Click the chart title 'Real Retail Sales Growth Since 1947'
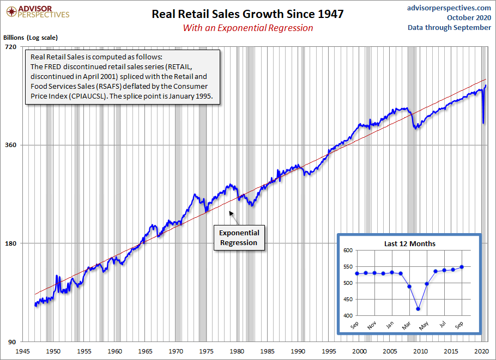tap(247, 14)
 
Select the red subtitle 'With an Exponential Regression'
tap(247, 28)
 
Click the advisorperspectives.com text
tap(449, 8)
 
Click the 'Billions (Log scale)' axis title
tap(31, 38)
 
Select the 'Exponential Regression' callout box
tap(238, 237)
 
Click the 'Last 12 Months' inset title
tap(409, 243)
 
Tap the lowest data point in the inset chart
tap(418, 309)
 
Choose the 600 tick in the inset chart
tap(347, 250)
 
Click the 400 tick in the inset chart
tap(347, 315)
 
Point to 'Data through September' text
tap(449, 28)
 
